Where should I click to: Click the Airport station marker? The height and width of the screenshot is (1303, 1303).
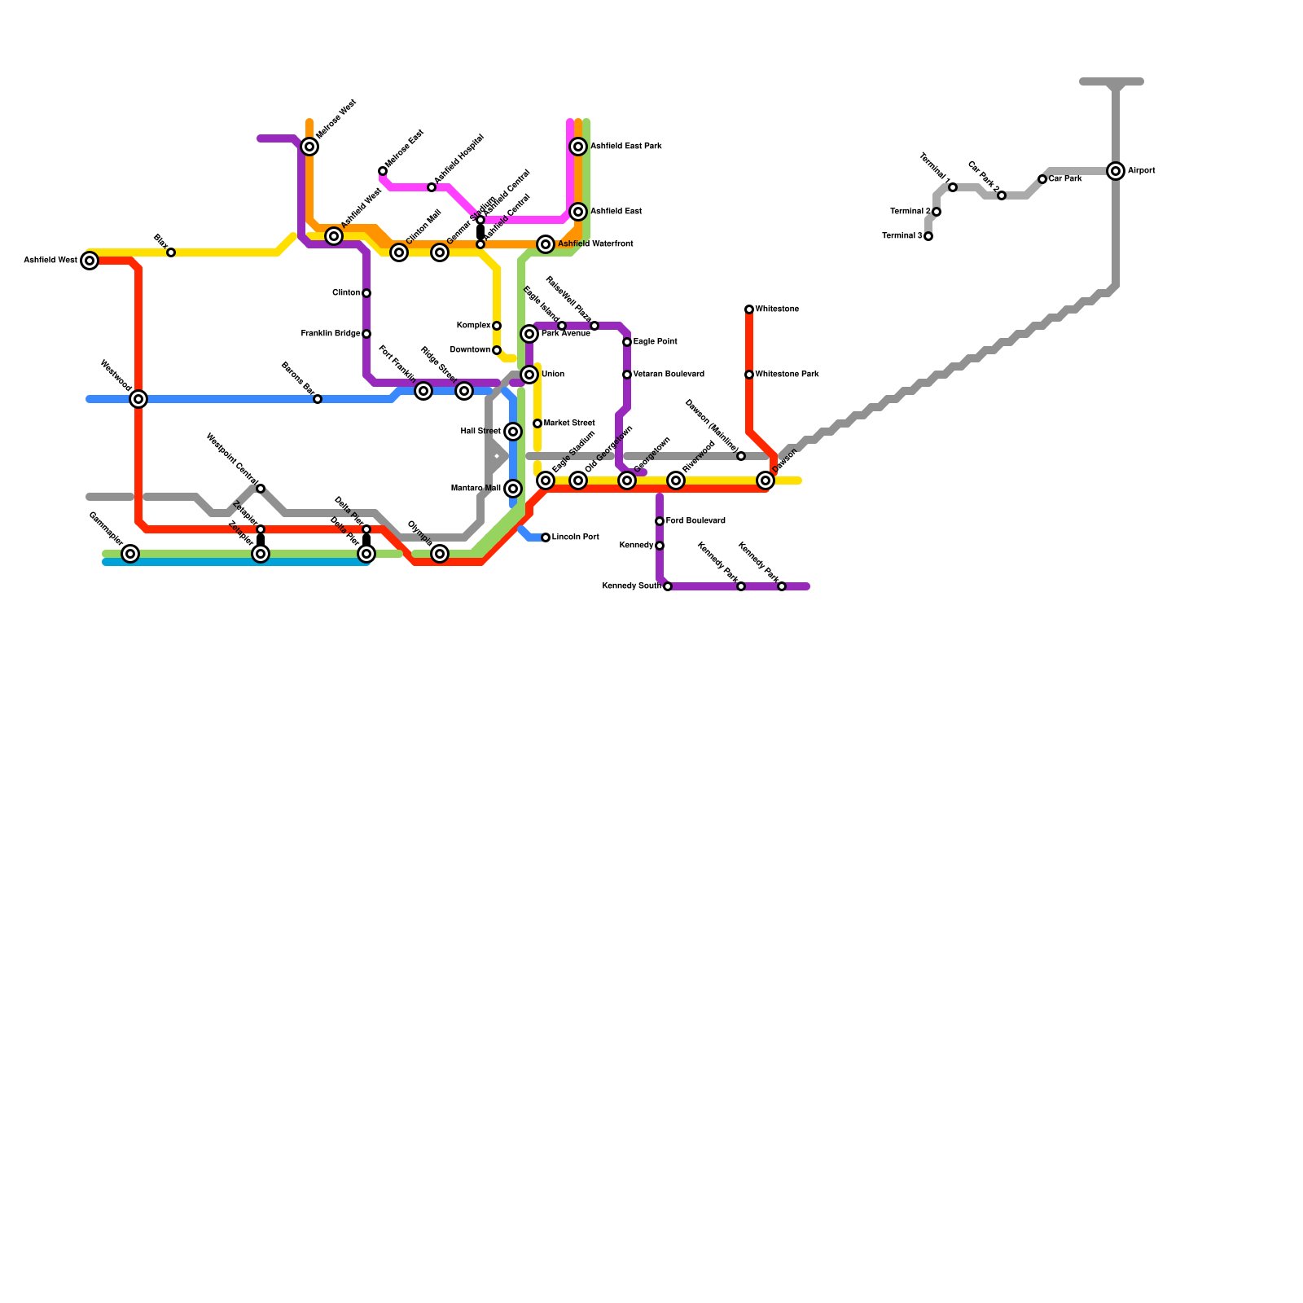[x=1116, y=171]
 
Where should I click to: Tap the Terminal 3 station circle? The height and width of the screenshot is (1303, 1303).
[x=928, y=236]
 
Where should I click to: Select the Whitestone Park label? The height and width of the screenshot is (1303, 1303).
[x=787, y=375]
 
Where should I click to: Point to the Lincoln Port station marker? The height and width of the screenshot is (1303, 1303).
[x=546, y=537]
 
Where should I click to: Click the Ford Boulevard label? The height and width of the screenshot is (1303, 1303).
[x=695, y=521]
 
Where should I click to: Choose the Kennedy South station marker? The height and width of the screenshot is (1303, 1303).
[x=668, y=586]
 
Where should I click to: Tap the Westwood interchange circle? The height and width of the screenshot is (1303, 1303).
[x=138, y=399]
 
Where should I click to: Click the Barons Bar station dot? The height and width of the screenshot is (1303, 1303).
[x=318, y=399]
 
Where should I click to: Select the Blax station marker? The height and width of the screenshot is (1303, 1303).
[x=171, y=252]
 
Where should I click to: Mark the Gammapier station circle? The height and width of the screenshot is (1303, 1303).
[x=130, y=554]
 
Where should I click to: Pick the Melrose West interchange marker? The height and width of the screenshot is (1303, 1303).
[x=309, y=147]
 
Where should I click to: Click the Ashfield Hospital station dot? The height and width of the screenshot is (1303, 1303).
[x=432, y=187]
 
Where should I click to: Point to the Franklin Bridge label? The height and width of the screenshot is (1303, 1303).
[x=331, y=334]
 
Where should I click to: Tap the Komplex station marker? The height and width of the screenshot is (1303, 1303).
[x=497, y=326]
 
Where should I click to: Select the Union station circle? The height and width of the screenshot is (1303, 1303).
[x=529, y=375]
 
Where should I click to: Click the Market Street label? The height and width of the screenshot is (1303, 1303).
[x=569, y=423]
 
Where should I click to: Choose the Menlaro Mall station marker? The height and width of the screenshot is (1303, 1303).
[x=513, y=489]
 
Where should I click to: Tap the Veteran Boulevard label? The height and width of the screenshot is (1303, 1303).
[x=669, y=375]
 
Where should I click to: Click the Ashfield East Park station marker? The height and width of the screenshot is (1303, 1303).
[x=578, y=147]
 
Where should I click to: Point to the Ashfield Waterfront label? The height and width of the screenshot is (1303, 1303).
[x=595, y=244]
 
